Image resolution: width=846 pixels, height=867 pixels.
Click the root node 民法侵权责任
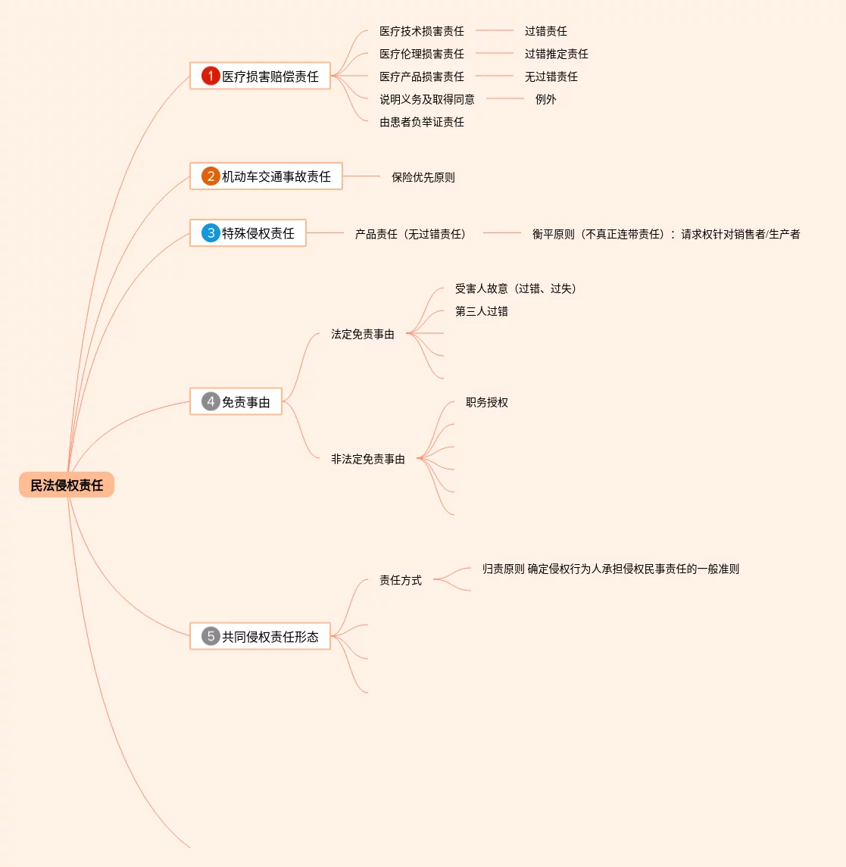[x=67, y=485]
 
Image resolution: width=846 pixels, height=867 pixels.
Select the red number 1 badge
[x=211, y=76]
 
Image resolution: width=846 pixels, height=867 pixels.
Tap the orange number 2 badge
[x=211, y=176]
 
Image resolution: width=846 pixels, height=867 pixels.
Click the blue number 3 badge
[x=211, y=233]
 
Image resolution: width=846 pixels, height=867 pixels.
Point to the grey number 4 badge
[x=211, y=401]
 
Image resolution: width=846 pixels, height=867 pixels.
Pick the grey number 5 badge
[x=211, y=636]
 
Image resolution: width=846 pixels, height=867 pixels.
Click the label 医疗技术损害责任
[x=422, y=31]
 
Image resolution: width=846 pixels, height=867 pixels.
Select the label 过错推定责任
[x=557, y=54]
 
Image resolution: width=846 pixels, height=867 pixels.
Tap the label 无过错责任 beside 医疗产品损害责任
[x=551, y=76]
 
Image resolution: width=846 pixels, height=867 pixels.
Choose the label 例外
[x=546, y=99]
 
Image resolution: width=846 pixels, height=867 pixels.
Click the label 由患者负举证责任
[x=422, y=122]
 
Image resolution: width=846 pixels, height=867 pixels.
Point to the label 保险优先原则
[x=423, y=177]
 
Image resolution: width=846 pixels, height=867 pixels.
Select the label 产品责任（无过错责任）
[x=411, y=234]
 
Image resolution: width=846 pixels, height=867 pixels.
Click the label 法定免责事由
[x=363, y=334]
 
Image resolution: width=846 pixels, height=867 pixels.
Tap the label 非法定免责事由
[x=368, y=459]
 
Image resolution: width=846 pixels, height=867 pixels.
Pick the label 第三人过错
[x=482, y=311]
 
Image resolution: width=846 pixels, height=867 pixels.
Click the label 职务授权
[x=487, y=402]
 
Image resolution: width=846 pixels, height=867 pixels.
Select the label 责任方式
[x=401, y=580]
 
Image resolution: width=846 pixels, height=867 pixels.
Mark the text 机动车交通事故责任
[x=276, y=176]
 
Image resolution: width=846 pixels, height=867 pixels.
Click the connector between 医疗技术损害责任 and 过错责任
[x=495, y=30]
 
